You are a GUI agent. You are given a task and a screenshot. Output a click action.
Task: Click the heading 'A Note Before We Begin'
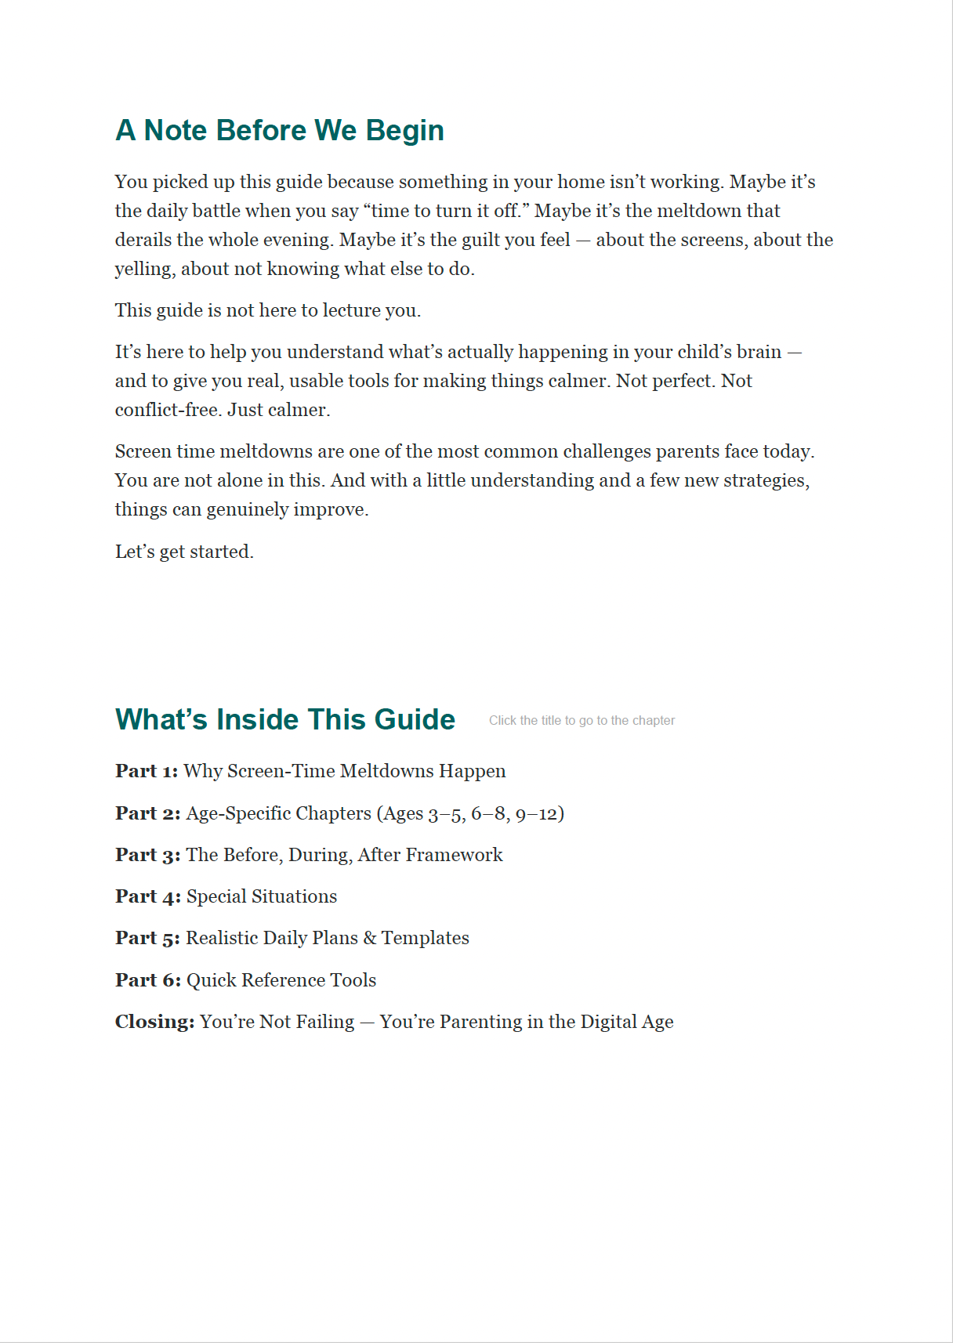[x=280, y=130]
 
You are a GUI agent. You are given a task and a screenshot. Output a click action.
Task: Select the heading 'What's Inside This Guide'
[x=285, y=719]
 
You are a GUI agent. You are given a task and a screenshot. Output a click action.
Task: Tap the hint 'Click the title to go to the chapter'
[x=582, y=721]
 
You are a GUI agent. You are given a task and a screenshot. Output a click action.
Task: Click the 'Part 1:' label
[x=147, y=771]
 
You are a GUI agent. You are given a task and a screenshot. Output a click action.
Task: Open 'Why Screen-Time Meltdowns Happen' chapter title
[x=345, y=771]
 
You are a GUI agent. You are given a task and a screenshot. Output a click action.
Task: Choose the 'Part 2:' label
[x=147, y=813]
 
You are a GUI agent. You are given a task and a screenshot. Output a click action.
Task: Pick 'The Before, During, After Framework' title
[x=344, y=855]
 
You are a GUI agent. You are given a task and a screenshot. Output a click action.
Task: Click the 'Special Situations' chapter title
[x=262, y=896]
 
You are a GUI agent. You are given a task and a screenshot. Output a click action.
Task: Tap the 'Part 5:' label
[x=147, y=938]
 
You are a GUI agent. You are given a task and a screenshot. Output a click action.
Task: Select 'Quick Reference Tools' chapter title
[x=281, y=980]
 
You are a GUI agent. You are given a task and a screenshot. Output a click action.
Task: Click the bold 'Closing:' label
[x=154, y=1022]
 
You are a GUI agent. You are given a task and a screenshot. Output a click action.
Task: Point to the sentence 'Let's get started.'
[x=184, y=552]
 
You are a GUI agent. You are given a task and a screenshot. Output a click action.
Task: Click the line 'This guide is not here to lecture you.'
[x=268, y=310]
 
